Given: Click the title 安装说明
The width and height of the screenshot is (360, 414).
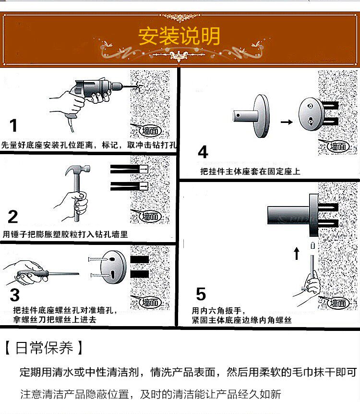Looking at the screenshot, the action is [180, 37].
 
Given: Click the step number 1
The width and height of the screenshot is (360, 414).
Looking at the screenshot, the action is [13, 126].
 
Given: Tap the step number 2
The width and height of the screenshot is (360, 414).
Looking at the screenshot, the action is [13, 217].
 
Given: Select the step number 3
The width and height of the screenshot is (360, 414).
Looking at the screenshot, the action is [14, 294].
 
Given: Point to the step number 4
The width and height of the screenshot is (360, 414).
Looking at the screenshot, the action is [203, 152].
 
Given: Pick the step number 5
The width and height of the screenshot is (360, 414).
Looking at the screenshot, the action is [201, 293].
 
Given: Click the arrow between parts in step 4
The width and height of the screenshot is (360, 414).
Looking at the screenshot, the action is [287, 122].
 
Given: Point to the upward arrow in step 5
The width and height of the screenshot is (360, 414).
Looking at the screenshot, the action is [297, 253].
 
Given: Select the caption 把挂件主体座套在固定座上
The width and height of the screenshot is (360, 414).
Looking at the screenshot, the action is [250, 171].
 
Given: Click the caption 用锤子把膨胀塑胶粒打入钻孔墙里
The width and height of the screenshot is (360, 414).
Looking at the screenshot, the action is [65, 234].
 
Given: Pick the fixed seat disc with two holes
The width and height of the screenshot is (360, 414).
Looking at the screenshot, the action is [310, 114].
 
